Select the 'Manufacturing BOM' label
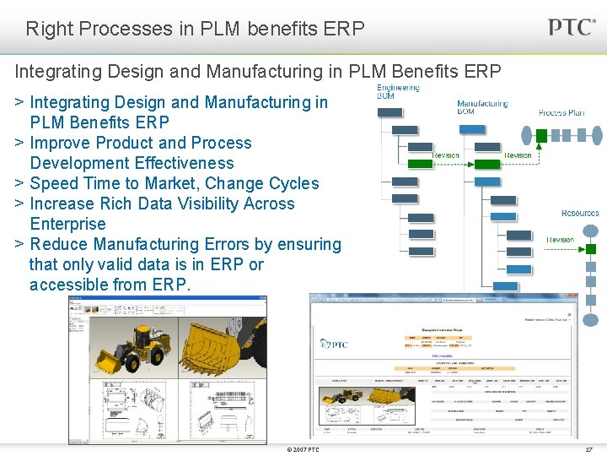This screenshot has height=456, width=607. click(x=482, y=107)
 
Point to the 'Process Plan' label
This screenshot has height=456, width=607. click(x=561, y=112)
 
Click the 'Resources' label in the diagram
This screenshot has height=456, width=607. click(x=580, y=213)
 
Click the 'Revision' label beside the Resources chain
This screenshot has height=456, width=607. click(x=560, y=240)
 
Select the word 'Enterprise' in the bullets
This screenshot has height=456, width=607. click(x=67, y=224)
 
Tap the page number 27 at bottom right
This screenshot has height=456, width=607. click(x=588, y=449)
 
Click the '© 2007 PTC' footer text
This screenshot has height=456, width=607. click(x=303, y=449)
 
